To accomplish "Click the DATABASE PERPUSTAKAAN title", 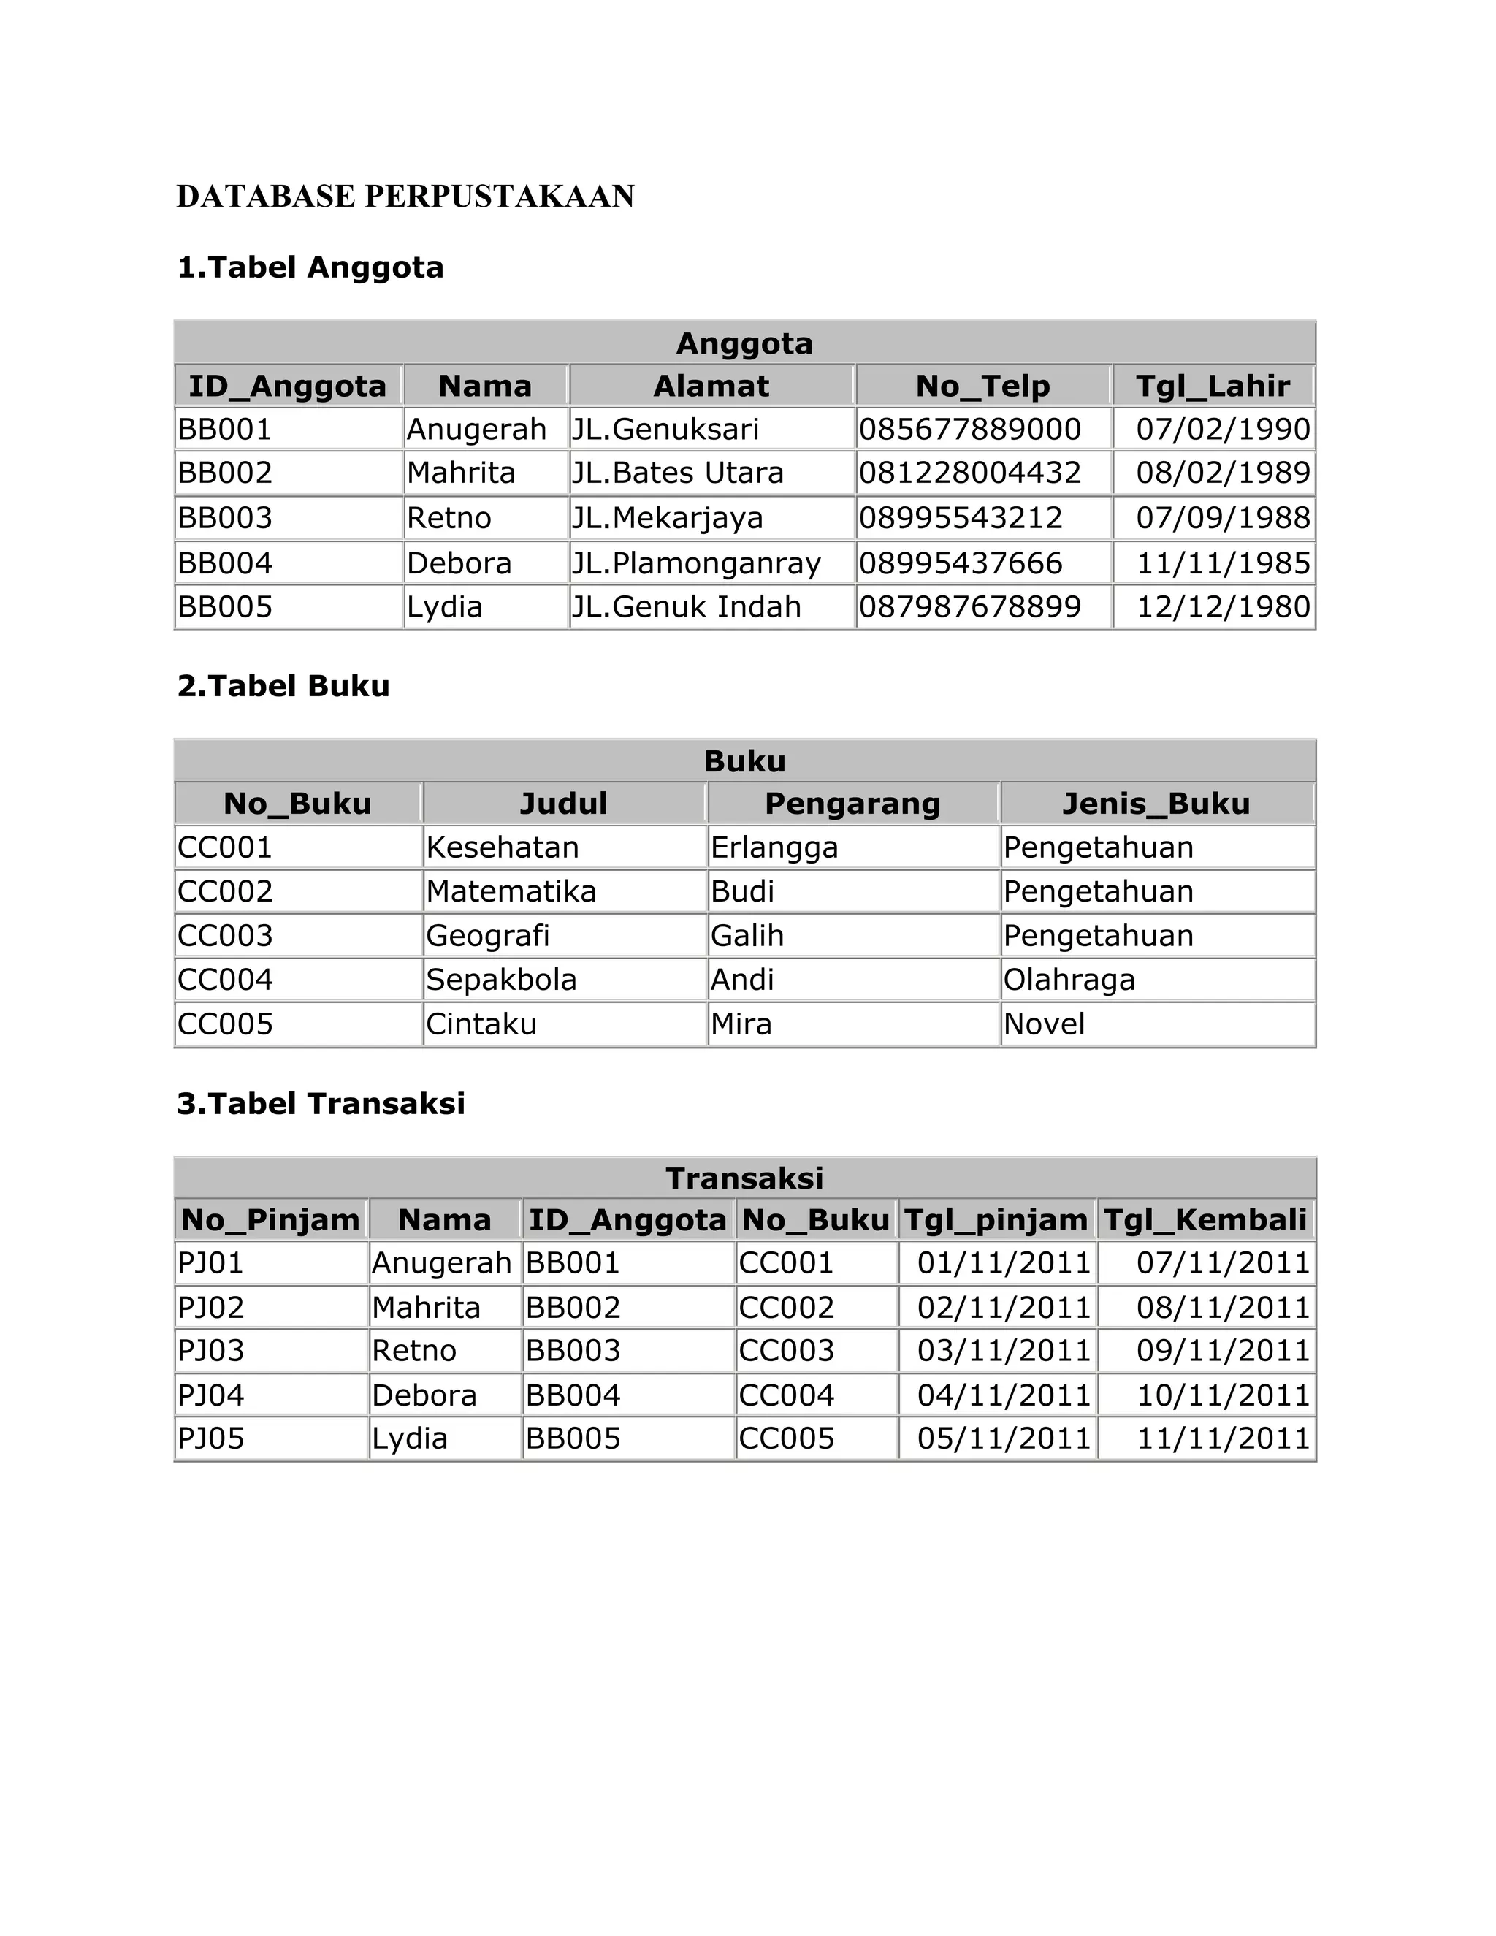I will coord(405,197).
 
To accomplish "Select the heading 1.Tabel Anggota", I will coord(310,267).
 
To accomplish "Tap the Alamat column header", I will coord(711,386).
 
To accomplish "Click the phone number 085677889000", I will coord(969,430).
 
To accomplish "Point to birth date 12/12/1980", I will coord(1222,607).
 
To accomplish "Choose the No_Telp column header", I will coord(983,386).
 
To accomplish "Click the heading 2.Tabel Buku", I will coord(283,686).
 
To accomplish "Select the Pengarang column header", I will coord(852,804).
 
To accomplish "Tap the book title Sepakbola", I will coord(500,980).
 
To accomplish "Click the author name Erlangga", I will coord(774,848).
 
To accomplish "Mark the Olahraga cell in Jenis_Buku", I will coord(1069,980).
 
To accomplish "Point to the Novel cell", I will coord(1044,1025).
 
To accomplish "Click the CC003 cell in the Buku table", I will coord(225,936).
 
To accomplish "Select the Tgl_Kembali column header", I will coord(1205,1221).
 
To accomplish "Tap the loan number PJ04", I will coord(211,1395).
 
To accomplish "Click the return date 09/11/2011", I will coord(1222,1351).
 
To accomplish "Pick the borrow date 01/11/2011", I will coord(1003,1263).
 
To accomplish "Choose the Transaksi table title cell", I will coord(744,1179).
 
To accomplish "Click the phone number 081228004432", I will coord(969,473).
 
